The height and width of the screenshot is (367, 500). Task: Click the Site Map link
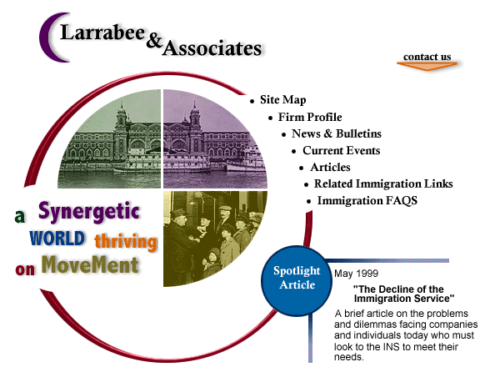(x=282, y=100)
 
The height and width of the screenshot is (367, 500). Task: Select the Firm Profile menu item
(x=310, y=117)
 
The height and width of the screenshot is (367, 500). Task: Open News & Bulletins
(x=337, y=133)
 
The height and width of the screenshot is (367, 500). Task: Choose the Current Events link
(x=341, y=151)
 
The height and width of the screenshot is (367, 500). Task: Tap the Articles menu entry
(x=330, y=167)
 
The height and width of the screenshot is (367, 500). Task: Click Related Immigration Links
(x=383, y=183)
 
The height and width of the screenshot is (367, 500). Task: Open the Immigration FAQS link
(x=367, y=201)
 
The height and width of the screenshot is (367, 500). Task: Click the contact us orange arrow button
(x=427, y=61)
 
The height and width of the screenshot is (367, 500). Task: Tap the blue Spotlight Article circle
(x=297, y=281)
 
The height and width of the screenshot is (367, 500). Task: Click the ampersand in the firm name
(x=154, y=41)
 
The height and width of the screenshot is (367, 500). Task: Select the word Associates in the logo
(x=212, y=49)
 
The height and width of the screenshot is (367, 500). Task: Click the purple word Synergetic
(x=89, y=212)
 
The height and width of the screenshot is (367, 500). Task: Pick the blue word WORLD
(x=57, y=239)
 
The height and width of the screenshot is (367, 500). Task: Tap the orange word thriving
(x=126, y=242)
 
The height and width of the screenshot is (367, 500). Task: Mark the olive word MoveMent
(x=90, y=265)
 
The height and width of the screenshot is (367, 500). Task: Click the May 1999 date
(x=356, y=274)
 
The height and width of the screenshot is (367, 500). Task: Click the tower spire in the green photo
(x=122, y=107)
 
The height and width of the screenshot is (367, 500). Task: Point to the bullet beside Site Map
(x=252, y=102)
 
